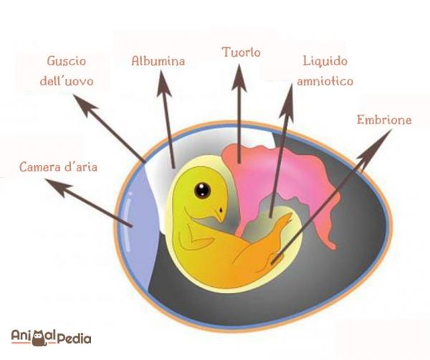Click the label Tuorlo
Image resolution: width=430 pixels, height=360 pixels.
click(x=241, y=52)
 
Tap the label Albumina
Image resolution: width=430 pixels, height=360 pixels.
click(x=158, y=61)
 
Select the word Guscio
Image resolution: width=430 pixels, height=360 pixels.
click(x=67, y=61)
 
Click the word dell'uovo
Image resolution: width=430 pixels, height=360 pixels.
click(x=67, y=80)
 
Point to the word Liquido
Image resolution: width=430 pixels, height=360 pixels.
click(x=325, y=61)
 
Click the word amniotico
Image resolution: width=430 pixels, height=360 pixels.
click(x=325, y=81)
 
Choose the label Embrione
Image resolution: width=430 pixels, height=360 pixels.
click(x=384, y=120)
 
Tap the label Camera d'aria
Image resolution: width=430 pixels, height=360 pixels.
click(x=59, y=167)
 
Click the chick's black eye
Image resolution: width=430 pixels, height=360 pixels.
click(x=202, y=190)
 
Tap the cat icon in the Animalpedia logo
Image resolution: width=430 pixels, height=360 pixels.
click(x=39, y=337)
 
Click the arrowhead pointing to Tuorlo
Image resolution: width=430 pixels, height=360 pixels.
click(x=239, y=77)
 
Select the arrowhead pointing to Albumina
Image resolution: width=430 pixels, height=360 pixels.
click(x=163, y=84)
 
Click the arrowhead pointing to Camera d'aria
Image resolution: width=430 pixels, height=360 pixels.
click(x=59, y=187)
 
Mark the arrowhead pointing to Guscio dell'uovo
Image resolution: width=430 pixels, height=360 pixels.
click(x=85, y=105)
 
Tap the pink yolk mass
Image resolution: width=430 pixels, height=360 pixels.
click(x=277, y=179)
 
